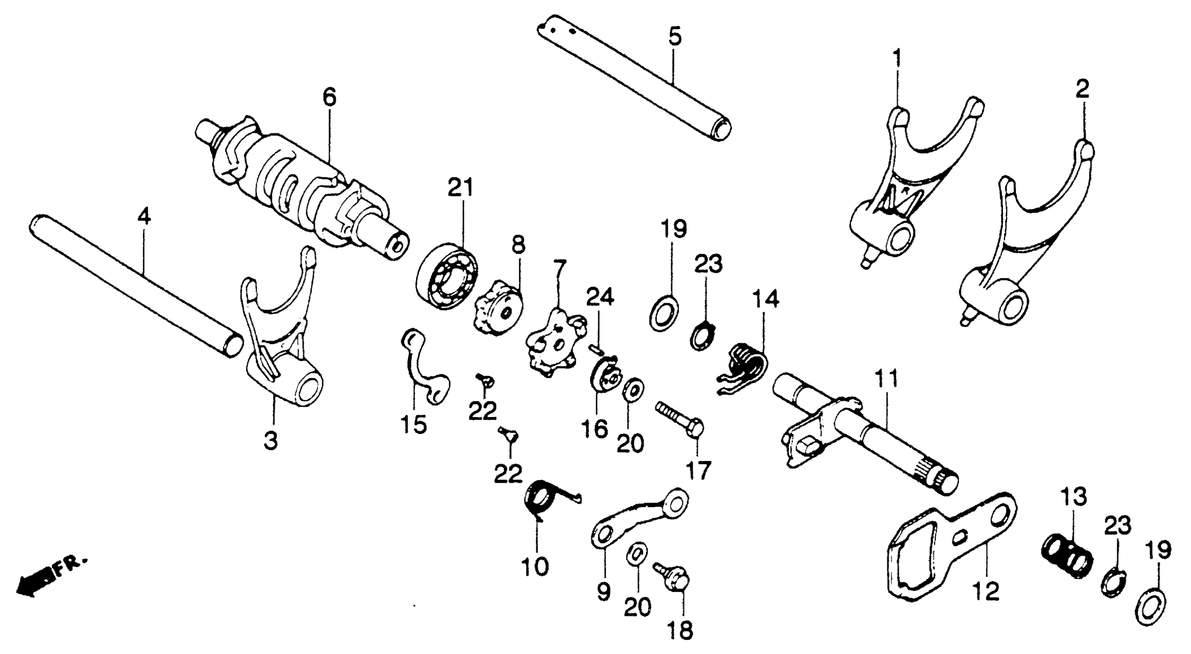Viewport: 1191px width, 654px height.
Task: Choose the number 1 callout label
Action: pos(897,59)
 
